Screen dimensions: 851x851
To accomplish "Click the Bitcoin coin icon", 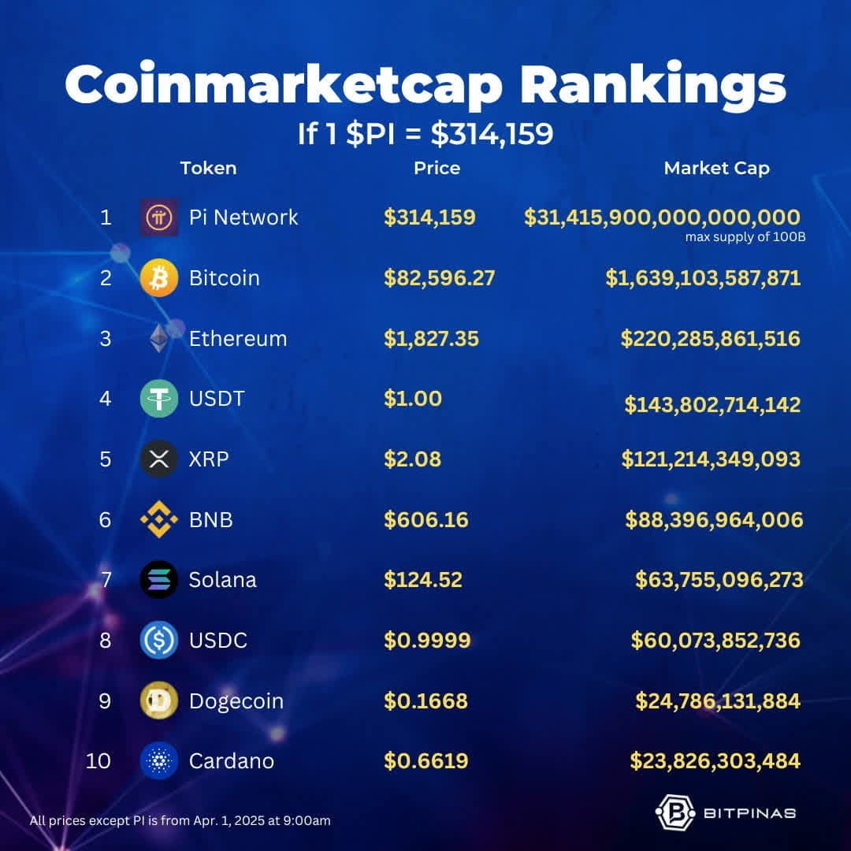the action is [x=159, y=278].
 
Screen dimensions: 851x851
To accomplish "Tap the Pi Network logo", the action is [x=159, y=217].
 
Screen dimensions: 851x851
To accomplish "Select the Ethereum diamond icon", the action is [x=159, y=338].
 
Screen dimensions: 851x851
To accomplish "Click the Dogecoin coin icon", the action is [x=159, y=700].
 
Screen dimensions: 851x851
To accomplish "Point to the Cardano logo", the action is [x=159, y=761].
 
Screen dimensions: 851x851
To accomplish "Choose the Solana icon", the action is [x=159, y=580].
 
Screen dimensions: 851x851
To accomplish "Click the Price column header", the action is [x=437, y=169].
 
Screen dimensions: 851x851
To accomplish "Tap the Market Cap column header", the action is [x=716, y=169].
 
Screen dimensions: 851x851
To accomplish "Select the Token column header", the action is [x=208, y=169].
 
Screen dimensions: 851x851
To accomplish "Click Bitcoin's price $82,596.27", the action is [x=439, y=278].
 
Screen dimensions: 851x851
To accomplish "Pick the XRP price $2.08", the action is [x=412, y=459].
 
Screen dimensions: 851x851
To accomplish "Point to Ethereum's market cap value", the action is [x=711, y=339].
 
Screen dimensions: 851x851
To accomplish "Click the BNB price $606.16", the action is [x=426, y=520].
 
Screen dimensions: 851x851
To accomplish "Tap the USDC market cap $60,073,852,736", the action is [x=715, y=641].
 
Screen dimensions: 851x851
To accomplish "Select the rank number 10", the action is [x=98, y=761].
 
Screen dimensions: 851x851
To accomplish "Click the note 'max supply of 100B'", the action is [x=745, y=237].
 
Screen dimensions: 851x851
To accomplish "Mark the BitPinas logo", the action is [x=726, y=812].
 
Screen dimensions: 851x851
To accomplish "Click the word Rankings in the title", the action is [x=653, y=86].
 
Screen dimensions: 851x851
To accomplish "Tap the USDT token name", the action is [x=217, y=399].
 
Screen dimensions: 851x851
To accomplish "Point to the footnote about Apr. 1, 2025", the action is [x=180, y=820].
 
